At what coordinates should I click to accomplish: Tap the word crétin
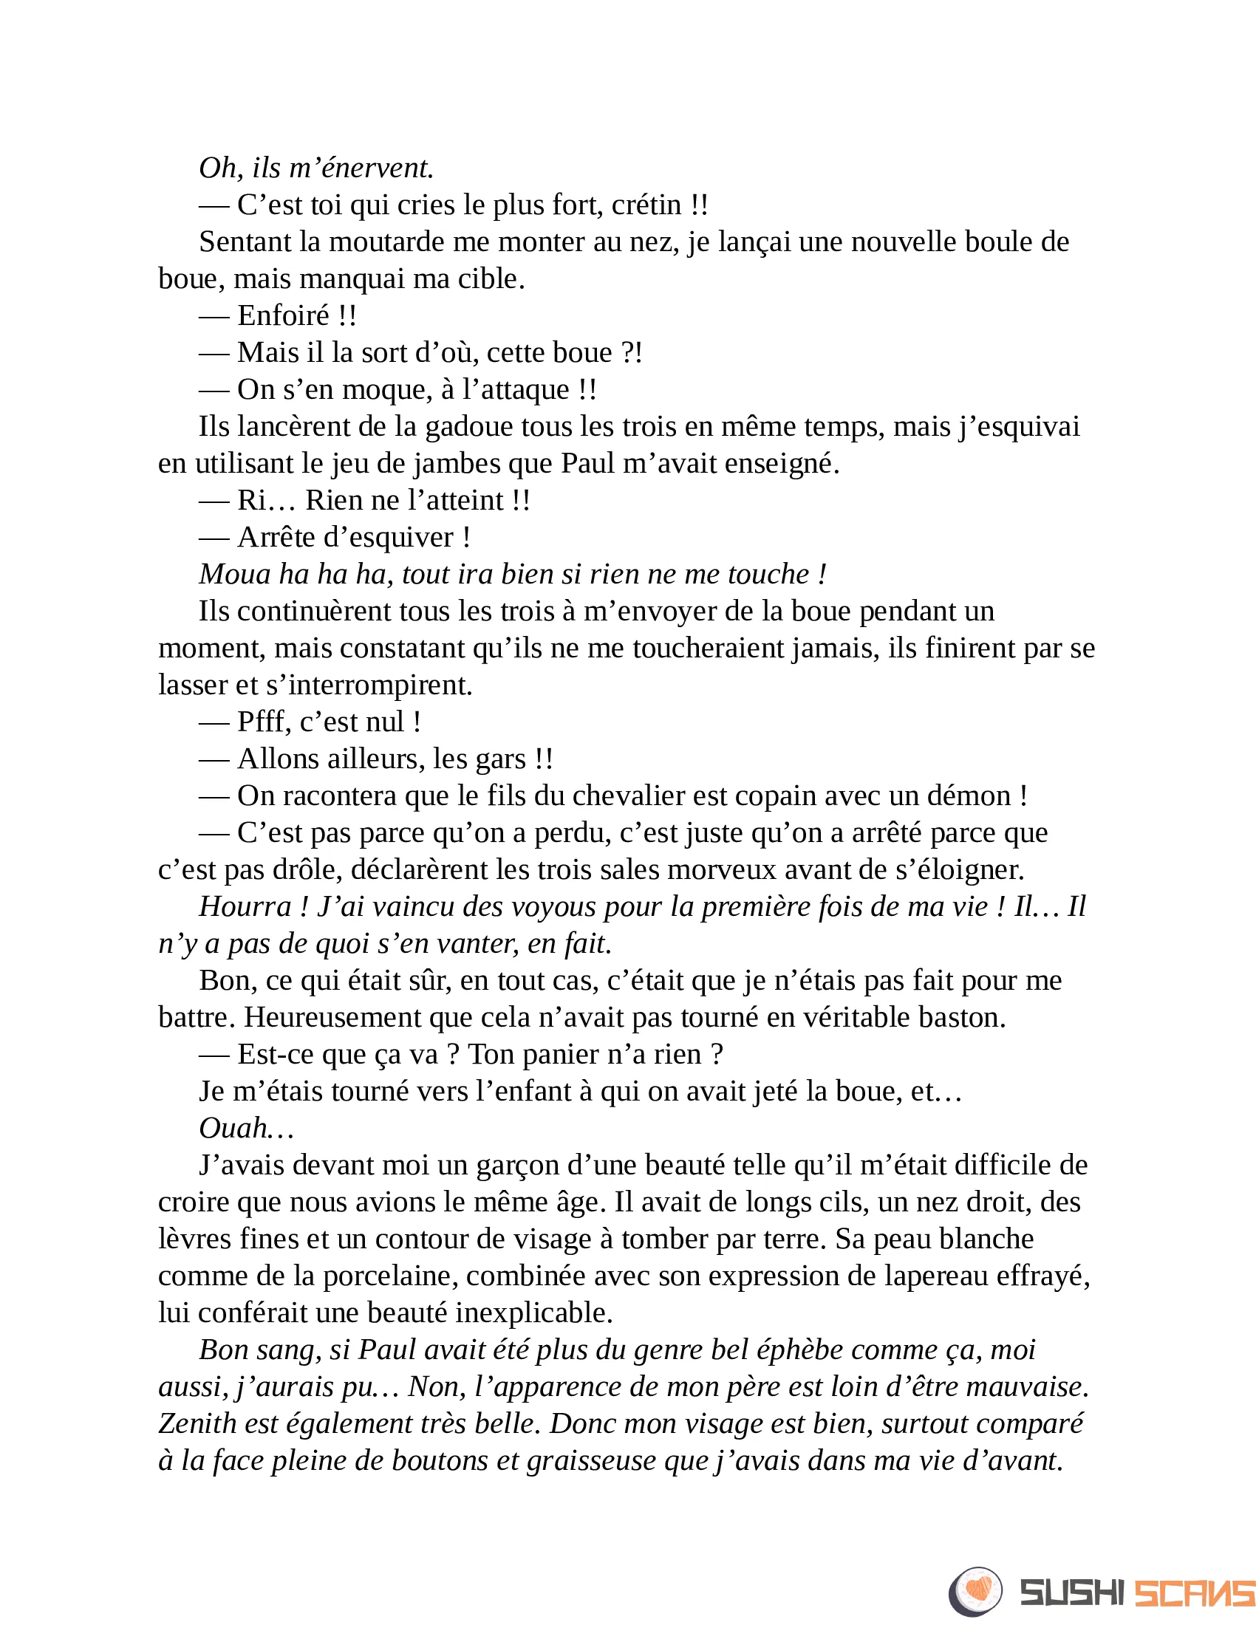(646, 205)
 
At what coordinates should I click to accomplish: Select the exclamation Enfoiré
(284, 316)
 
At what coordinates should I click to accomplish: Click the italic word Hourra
(245, 907)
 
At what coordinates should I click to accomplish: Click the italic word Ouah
(233, 1129)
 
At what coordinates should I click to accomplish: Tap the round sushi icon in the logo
(975, 1592)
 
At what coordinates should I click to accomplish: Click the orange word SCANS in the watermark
(1193, 1593)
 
